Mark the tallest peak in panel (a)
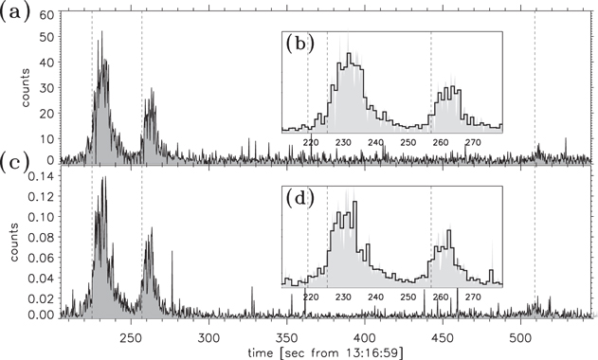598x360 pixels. (102, 31)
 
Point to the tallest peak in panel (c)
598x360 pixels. (103, 177)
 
